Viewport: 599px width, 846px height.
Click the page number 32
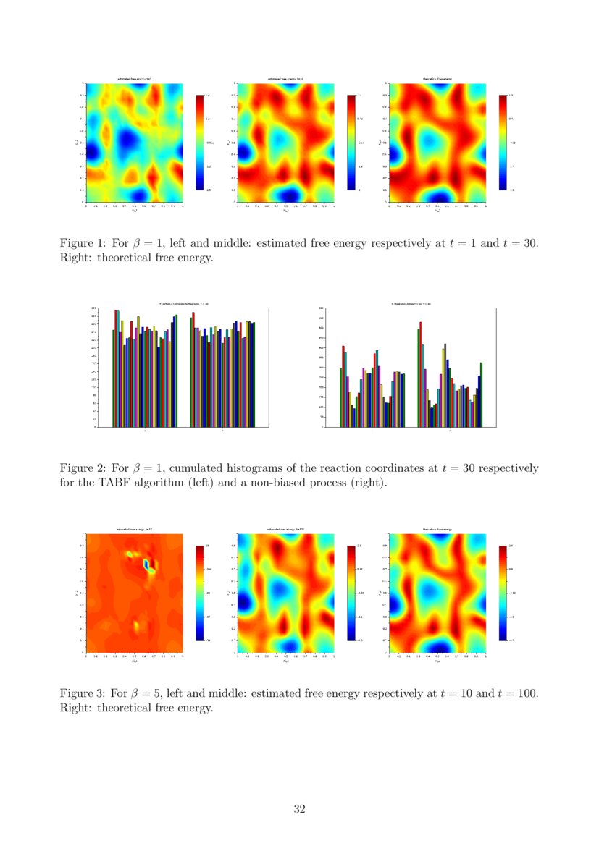(x=299, y=809)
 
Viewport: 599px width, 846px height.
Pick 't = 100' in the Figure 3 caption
(x=517, y=693)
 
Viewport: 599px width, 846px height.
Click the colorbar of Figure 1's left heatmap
(x=201, y=142)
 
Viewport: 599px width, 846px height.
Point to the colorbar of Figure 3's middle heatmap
(x=352, y=593)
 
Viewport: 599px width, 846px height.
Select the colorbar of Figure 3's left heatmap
(x=201, y=593)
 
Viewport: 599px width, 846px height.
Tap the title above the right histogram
(x=411, y=304)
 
